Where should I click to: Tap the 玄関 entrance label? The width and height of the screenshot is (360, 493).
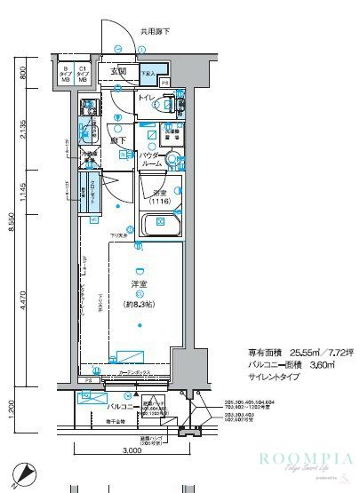pyautogui.click(x=118, y=72)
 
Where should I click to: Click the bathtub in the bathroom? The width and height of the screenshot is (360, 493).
pyautogui.click(x=161, y=225)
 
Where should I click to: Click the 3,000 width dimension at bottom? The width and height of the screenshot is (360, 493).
pyautogui.click(x=132, y=450)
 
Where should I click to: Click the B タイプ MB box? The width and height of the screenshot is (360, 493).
pyautogui.click(x=65, y=74)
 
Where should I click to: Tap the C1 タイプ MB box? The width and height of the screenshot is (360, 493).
pyautogui.click(x=83, y=74)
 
